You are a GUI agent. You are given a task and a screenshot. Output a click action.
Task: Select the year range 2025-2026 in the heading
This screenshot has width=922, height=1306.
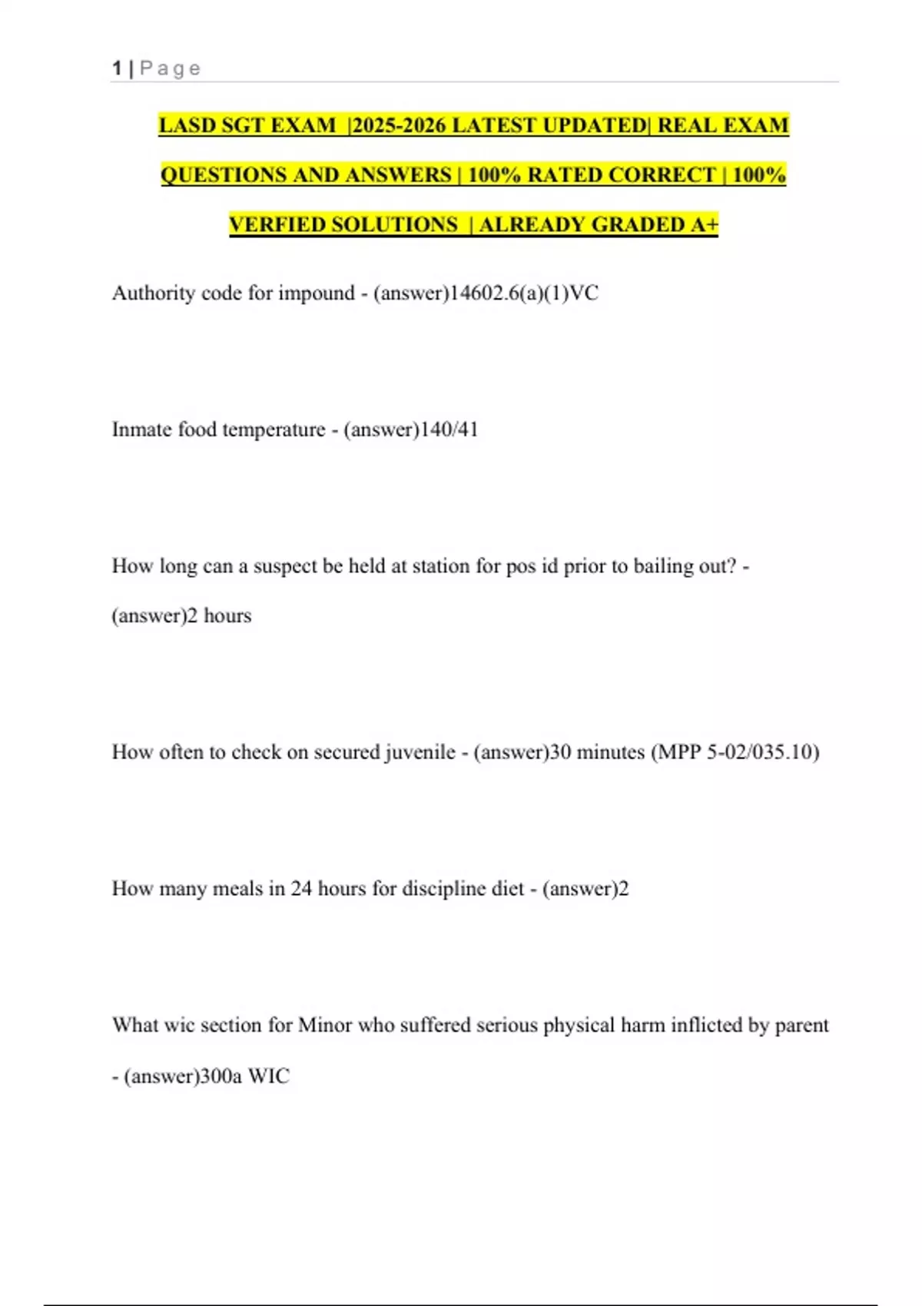[399, 125]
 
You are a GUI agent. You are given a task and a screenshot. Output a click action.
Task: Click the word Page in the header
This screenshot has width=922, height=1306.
[171, 68]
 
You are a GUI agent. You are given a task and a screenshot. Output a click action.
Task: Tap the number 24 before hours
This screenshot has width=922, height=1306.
[301, 889]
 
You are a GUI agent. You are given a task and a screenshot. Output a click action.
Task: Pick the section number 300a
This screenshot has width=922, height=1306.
[221, 1076]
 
